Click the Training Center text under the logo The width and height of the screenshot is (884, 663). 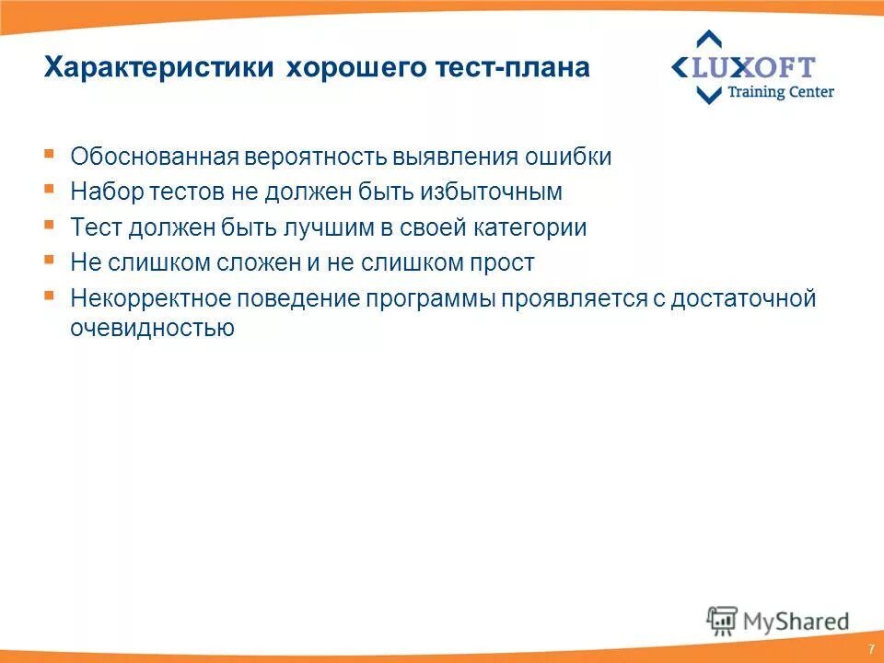[781, 92]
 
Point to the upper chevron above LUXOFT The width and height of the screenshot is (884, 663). [708, 40]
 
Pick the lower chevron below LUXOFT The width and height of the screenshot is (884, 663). [708, 95]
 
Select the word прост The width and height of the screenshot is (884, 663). [504, 262]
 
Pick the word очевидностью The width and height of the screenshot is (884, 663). [153, 328]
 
